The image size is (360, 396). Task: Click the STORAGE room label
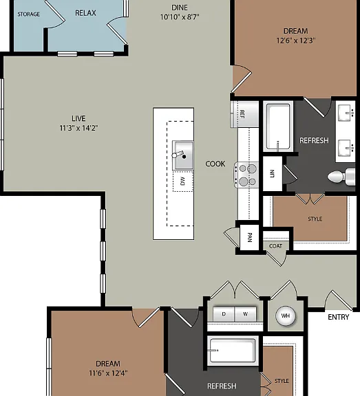tap(29, 14)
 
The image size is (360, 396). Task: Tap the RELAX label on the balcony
tap(85, 13)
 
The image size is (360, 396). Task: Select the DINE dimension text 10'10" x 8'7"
tap(180, 17)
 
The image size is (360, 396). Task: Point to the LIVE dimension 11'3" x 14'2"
tap(78, 128)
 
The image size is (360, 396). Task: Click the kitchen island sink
tap(183, 155)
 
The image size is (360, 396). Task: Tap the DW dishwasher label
tap(183, 181)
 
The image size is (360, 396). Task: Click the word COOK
tap(215, 164)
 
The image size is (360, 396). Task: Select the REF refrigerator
tap(245, 114)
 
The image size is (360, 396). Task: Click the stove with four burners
tap(246, 175)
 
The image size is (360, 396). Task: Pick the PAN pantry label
tap(250, 237)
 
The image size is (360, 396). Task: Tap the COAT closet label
tap(275, 246)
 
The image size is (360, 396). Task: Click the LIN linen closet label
tap(272, 173)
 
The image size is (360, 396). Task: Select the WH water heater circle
tap(286, 316)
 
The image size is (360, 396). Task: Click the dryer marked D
tap(224, 314)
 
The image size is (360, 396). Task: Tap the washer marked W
tap(246, 314)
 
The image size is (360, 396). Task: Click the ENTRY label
tap(338, 317)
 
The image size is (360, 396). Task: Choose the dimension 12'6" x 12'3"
tap(296, 41)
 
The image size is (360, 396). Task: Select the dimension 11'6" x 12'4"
tap(108, 373)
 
